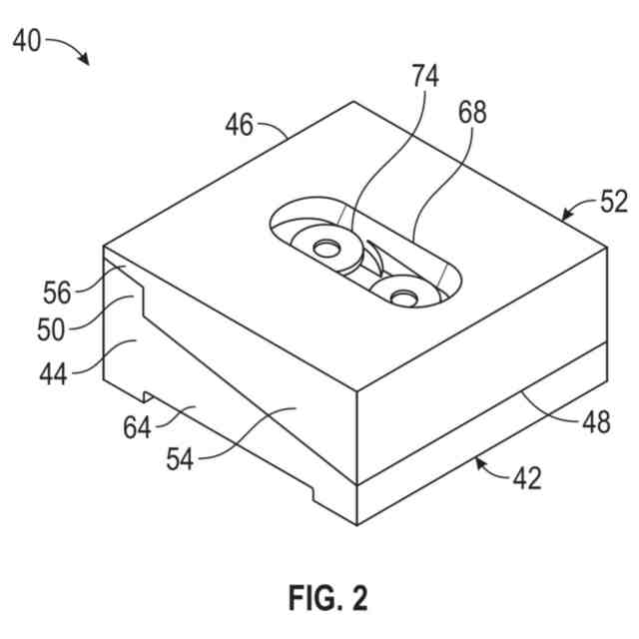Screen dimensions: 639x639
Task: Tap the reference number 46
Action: point(238,125)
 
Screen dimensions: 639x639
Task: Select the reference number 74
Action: point(424,75)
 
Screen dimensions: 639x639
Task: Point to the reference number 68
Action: point(471,112)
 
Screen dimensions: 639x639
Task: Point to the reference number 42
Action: point(526,477)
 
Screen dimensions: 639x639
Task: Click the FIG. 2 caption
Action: point(327,598)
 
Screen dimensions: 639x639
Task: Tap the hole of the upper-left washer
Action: point(324,246)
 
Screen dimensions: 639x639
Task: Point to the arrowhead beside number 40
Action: point(87,62)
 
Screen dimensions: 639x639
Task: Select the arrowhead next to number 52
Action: point(565,216)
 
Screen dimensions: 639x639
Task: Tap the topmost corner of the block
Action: point(353,102)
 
